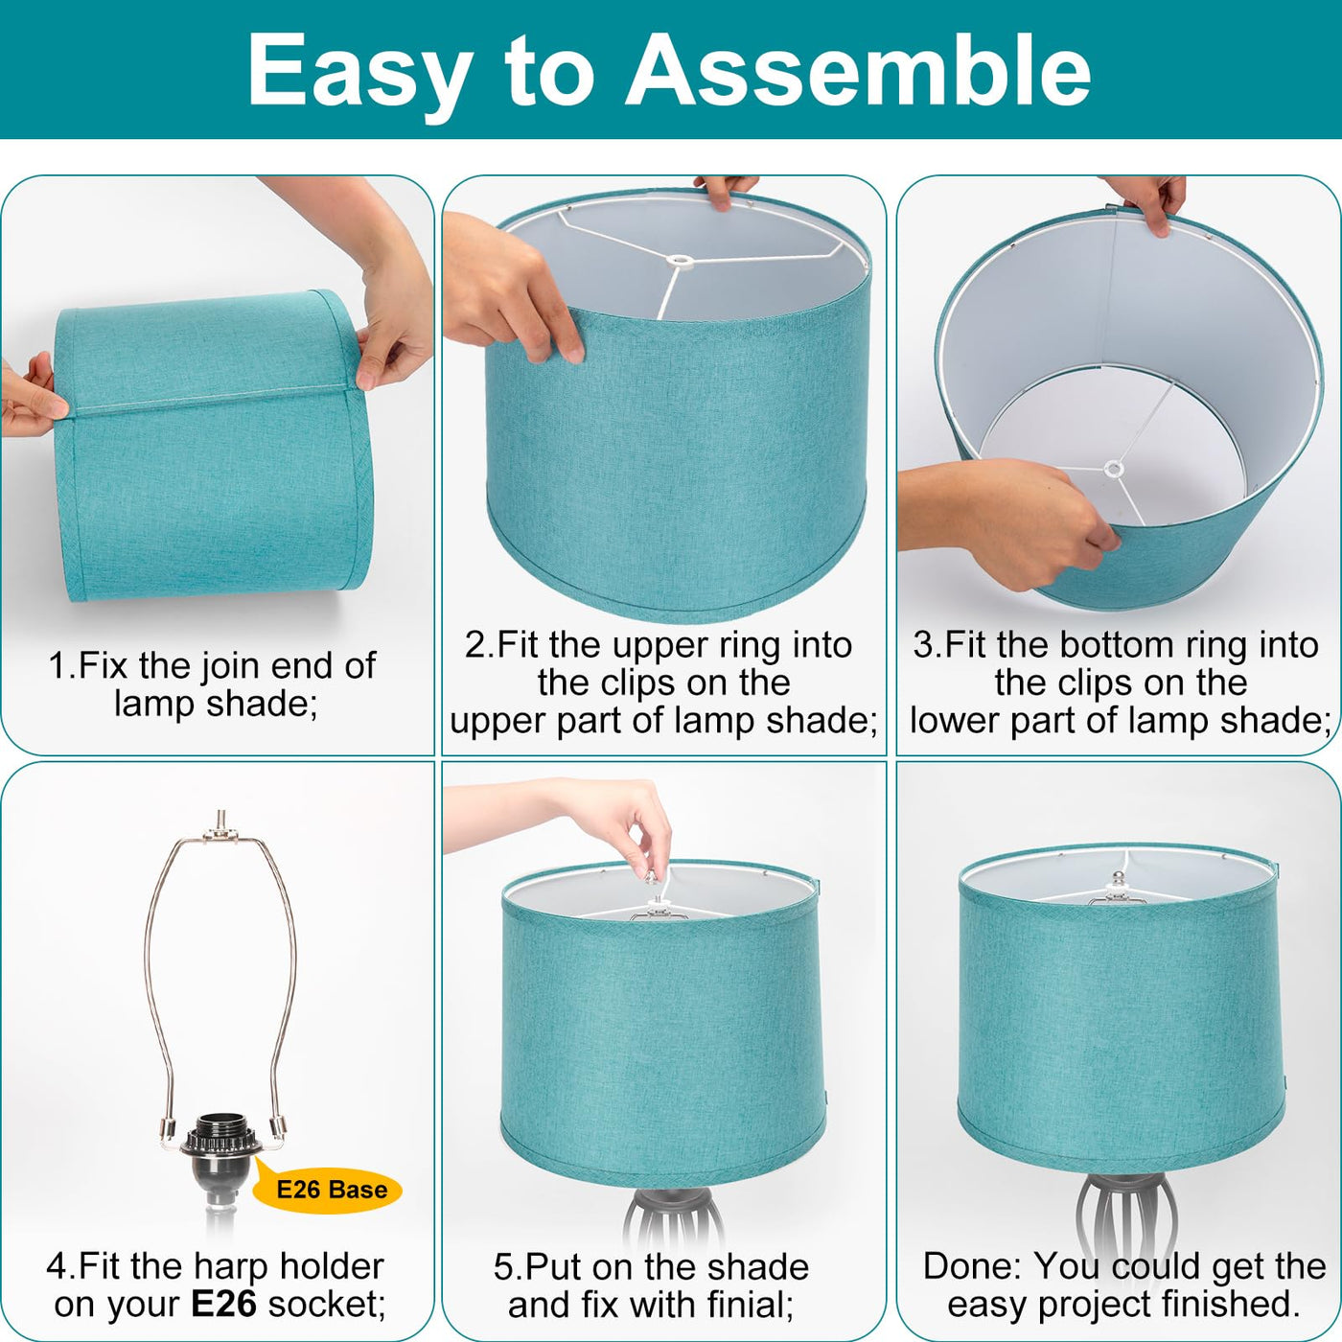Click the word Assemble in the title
click(x=857, y=70)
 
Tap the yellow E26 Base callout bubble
click(x=327, y=1190)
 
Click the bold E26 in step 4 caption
click(x=223, y=1303)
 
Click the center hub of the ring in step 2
click(x=679, y=261)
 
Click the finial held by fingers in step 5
click(x=649, y=876)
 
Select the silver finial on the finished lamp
click(x=1119, y=878)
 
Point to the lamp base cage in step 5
click(x=673, y=1232)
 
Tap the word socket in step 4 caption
click(x=327, y=1304)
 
